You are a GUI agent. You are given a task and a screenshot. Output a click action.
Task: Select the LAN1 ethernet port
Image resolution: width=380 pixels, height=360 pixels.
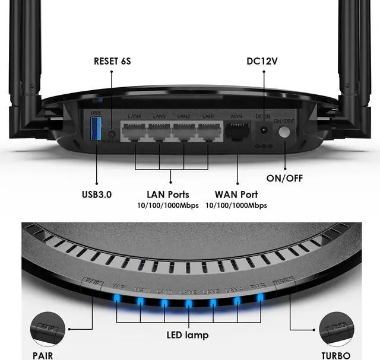208,132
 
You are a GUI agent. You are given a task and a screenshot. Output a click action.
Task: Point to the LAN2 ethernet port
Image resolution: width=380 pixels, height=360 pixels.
183,132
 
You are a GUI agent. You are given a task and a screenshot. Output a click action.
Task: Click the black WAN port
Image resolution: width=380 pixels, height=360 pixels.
237,132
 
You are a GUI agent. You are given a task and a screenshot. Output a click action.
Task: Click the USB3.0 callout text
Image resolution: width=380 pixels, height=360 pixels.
97,194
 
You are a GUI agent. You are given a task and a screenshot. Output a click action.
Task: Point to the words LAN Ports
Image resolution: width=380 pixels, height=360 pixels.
168,194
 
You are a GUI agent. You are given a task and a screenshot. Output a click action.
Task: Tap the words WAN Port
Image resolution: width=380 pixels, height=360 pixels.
236,194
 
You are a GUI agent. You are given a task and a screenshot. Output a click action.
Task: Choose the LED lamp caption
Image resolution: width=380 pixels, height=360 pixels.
188,335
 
